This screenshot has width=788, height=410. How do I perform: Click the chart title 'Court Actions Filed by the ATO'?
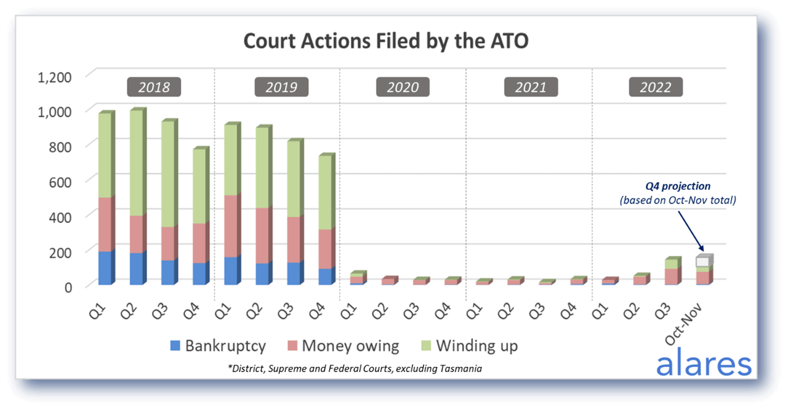[x=386, y=41]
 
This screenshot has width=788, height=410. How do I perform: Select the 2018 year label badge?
[x=154, y=87]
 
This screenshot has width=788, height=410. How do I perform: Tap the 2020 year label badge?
[x=403, y=87]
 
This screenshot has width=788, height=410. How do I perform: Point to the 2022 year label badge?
[x=656, y=87]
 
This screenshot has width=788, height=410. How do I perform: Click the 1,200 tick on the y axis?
[x=55, y=77]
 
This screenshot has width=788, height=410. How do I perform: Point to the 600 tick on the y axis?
[x=60, y=183]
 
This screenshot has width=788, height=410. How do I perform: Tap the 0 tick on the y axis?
[x=68, y=288]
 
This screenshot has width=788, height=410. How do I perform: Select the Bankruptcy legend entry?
[x=218, y=346]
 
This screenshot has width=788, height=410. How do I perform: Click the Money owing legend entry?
[x=343, y=346]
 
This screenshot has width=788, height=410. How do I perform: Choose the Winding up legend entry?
[x=470, y=346]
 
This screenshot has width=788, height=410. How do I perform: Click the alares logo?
[x=704, y=362]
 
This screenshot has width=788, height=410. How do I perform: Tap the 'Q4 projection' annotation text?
[x=678, y=186]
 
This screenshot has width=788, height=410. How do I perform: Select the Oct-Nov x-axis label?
[x=683, y=324]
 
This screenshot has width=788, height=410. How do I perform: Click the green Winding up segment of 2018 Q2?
[x=136, y=163]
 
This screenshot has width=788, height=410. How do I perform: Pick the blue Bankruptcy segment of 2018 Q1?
[x=105, y=268]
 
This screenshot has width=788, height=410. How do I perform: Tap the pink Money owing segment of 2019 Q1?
[x=231, y=226]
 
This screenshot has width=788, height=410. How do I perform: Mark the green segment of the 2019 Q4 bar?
[x=325, y=193]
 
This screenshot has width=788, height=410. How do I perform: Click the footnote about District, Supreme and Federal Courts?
[x=355, y=368]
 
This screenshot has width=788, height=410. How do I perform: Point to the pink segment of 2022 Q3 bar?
[x=671, y=276]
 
